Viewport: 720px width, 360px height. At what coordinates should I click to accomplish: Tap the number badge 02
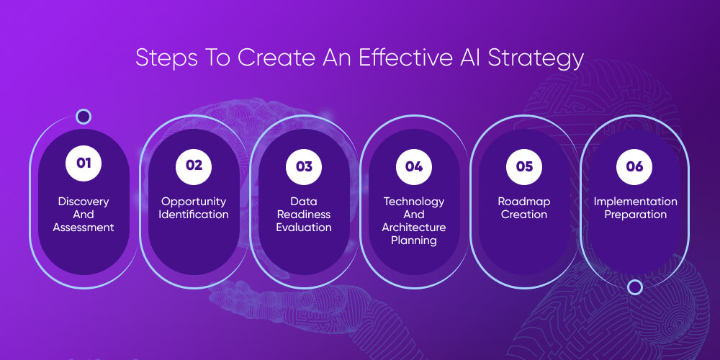point(194,165)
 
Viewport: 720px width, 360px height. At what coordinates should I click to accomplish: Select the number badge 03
point(304,166)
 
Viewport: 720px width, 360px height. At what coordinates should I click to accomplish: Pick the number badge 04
point(414,166)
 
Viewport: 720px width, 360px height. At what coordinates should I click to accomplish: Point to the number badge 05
point(524,166)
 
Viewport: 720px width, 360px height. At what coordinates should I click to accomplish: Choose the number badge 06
point(634,166)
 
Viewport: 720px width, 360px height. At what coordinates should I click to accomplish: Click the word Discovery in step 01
point(84,202)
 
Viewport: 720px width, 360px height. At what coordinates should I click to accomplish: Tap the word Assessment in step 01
point(84,228)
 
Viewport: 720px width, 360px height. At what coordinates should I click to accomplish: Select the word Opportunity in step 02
point(194,202)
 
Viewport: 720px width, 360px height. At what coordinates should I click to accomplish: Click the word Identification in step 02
point(194,215)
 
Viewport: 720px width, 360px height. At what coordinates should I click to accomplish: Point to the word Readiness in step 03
point(304,215)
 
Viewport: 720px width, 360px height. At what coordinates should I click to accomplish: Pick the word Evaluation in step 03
point(304,228)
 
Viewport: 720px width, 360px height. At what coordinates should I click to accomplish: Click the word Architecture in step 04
point(414,228)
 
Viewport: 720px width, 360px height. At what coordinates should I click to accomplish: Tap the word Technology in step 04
point(414,202)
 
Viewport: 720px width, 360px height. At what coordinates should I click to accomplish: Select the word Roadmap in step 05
point(524,202)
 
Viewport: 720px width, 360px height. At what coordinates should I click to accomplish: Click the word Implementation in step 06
point(635,202)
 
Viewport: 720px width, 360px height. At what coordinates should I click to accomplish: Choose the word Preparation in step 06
point(635,215)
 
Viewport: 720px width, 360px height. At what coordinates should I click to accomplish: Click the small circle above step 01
point(84,117)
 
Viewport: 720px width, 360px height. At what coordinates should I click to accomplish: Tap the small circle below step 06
point(635,287)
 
